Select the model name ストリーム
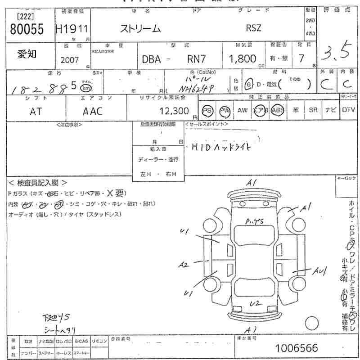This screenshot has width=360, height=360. [140, 28]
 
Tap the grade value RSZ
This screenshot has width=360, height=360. [253, 28]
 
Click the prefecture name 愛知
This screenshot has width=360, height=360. [27, 54]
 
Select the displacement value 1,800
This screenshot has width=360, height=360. [243, 58]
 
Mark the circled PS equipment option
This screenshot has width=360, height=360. [207, 111]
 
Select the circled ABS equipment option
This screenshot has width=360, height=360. [277, 111]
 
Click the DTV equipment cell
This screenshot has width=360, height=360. [348, 110]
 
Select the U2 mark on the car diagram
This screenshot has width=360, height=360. [256, 303]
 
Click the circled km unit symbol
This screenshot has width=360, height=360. [85, 88]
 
